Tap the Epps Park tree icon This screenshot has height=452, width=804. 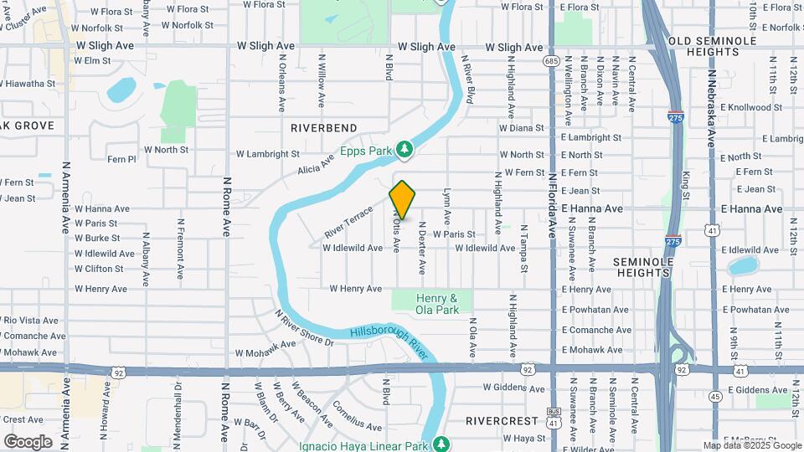click(x=405, y=149)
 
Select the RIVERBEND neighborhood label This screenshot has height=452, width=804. click(x=323, y=128)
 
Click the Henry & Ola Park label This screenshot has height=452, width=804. click(x=436, y=304)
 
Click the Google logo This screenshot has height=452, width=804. click(x=28, y=441)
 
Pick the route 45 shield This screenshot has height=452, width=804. click(x=714, y=395)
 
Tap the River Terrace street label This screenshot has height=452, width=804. click(x=348, y=220)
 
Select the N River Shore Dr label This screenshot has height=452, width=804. click(x=305, y=327)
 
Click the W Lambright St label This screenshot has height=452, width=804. click(x=267, y=154)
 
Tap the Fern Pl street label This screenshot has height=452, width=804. click(x=121, y=159)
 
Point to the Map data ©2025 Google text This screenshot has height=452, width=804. click(x=752, y=445)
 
